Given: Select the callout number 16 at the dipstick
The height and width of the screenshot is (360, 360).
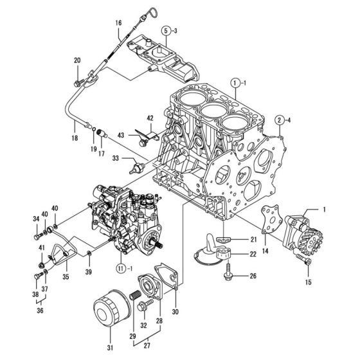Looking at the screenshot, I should [x=118, y=24].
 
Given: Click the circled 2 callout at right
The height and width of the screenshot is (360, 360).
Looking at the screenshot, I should [x=280, y=119].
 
